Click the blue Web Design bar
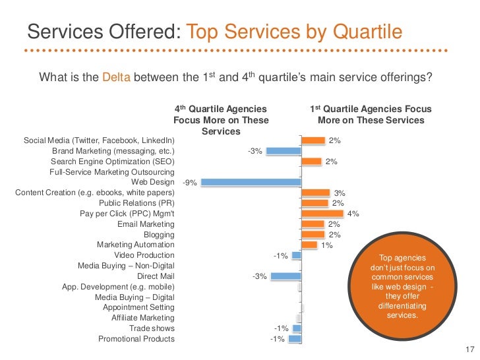(251, 182)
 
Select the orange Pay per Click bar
(322, 214)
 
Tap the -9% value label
(189, 183)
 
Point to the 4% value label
(353, 214)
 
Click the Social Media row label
(99, 140)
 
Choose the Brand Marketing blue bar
(284, 151)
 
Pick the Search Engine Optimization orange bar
(311, 162)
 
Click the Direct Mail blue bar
(286, 276)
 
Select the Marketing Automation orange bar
(309, 245)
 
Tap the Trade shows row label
(152, 328)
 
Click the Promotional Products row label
(136, 339)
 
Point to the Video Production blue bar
(297, 255)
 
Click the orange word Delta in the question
(117, 77)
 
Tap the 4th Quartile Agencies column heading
(221, 120)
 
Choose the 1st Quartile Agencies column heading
(371, 115)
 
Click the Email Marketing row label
(146, 224)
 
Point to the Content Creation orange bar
(316, 193)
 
